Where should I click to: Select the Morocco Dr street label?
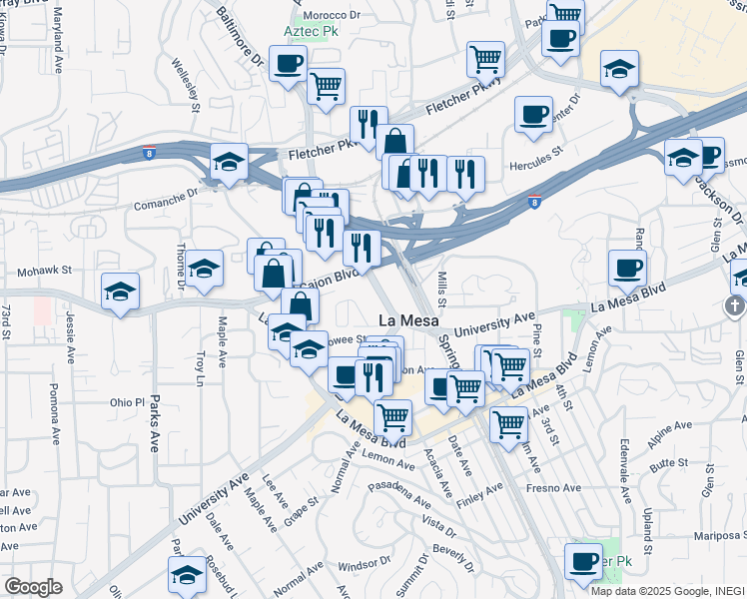tap(333, 15)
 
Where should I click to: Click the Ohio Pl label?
tap(127, 403)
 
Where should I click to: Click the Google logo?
tap(34, 587)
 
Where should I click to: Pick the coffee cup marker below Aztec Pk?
tap(288, 65)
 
